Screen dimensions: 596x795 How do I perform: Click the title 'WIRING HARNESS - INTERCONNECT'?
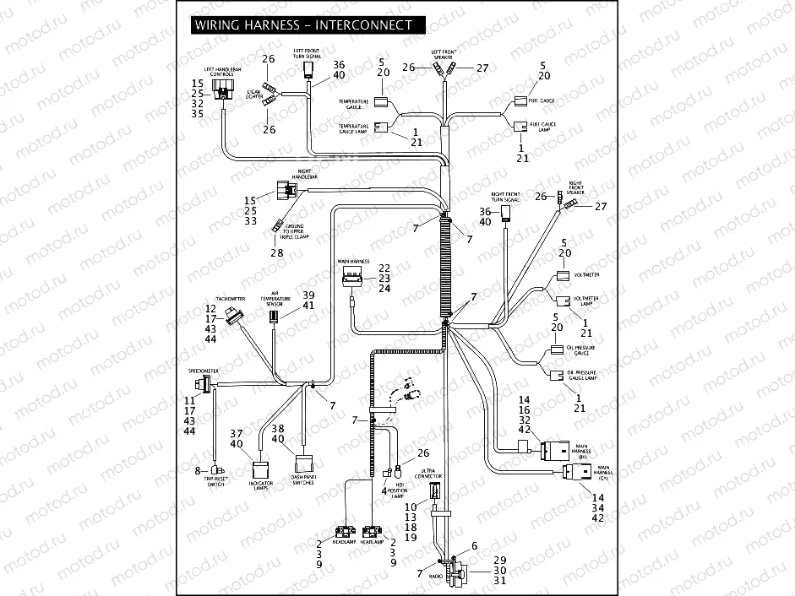(303, 25)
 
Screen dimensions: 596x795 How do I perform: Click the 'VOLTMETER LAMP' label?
(586, 301)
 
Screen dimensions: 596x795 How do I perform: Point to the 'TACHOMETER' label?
(231, 299)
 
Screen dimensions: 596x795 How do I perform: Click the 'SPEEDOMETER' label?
(203, 371)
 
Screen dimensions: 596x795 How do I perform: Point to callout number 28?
(276, 253)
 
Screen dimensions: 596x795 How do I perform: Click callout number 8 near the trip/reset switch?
(199, 470)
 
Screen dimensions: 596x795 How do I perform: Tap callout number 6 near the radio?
(474, 546)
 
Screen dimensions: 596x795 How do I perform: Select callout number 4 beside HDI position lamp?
(384, 490)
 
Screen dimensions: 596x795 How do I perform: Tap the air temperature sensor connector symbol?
(274, 317)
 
